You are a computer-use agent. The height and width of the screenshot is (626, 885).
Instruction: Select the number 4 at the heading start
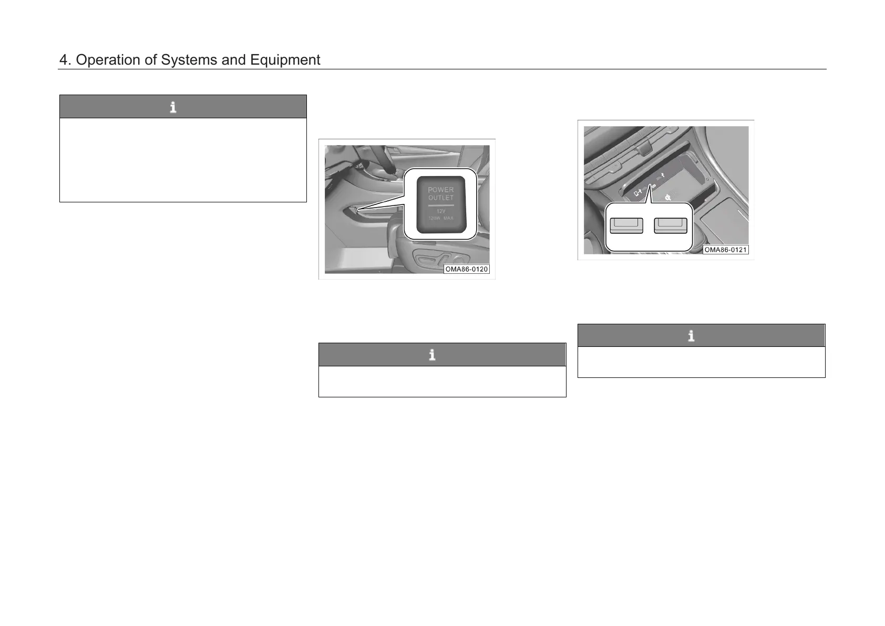tap(64, 60)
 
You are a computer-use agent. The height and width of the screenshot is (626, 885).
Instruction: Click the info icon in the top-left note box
tap(173, 107)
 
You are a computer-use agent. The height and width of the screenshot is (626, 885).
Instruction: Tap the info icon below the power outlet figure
tap(432, 355)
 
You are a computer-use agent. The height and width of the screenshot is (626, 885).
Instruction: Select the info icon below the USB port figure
tap(691, 336)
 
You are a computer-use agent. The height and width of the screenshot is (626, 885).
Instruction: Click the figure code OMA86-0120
tap(467, 269)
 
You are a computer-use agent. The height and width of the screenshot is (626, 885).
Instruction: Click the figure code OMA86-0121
tap(725, 250)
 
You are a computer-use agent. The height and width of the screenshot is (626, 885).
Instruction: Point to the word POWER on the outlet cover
tap(441, 190)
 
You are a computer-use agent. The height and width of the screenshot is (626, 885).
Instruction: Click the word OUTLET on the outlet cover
tap(441, 198)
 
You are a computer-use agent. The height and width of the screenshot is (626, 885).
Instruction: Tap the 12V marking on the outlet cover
tap(441, 211)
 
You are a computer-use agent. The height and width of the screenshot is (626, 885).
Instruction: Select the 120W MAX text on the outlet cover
tap(441, 218)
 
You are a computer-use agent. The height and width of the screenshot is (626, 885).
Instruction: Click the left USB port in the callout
tap(626, 225)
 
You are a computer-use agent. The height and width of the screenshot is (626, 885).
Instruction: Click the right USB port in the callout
tap(671, 225)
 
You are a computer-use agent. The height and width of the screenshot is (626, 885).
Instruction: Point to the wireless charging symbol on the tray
tap(668, 198)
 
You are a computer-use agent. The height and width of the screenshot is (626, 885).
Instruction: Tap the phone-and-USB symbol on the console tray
tap(638, 192)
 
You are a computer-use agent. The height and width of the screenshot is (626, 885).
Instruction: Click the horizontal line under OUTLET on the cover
tap(441, 205)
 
